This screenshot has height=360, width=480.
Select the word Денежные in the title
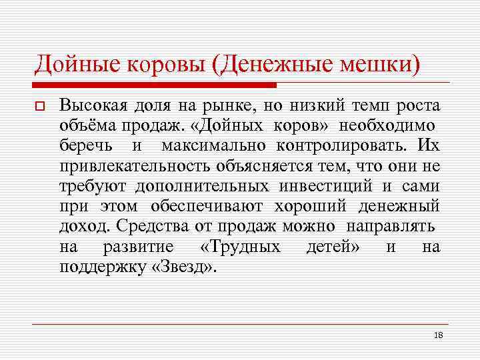pos(280,64)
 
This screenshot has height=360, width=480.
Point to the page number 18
pos(438,335)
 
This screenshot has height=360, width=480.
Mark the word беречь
pos(87,145)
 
